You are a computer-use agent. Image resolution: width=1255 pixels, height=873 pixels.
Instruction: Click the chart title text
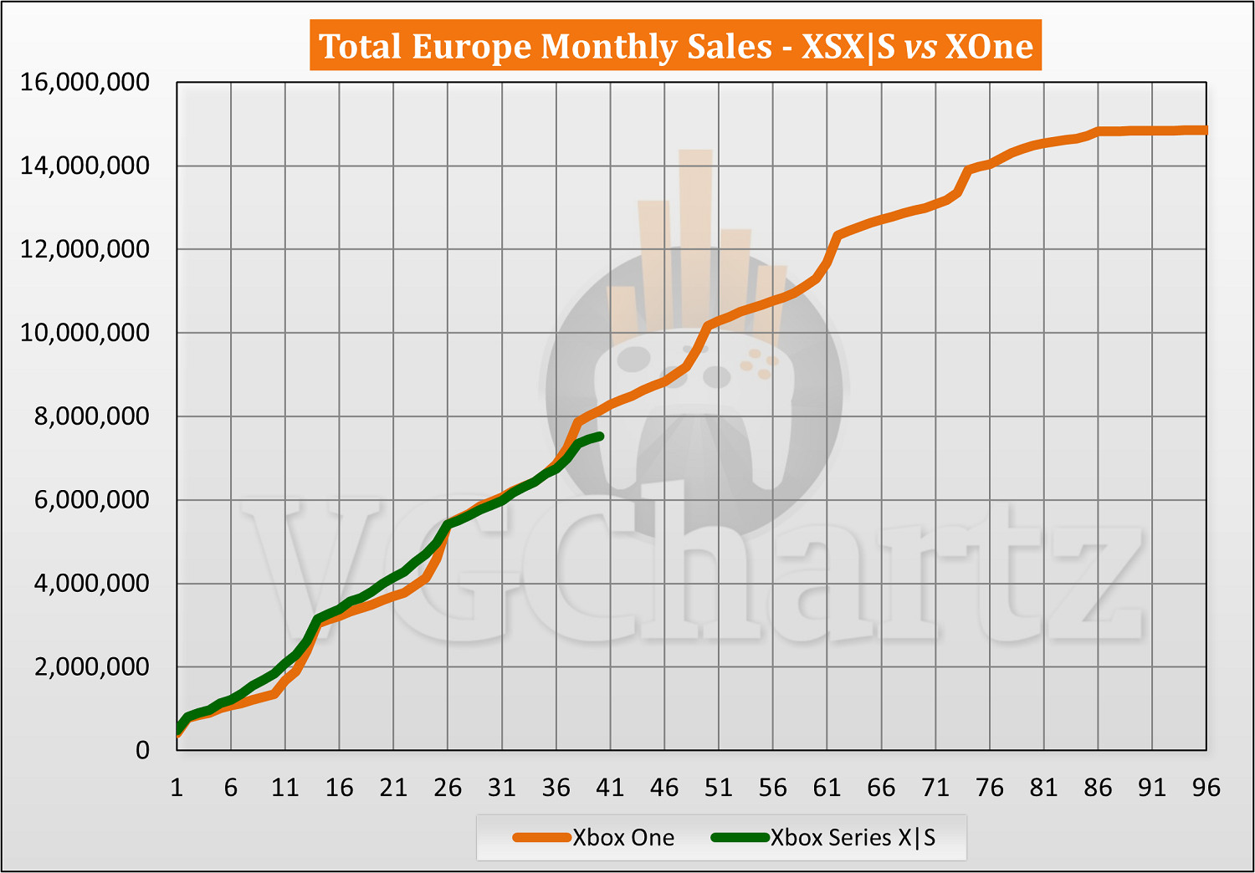point(676,46)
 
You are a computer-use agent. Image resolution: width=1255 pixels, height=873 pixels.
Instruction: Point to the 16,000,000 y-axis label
point(85,82)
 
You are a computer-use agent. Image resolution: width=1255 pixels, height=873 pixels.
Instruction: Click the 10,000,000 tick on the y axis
point(85,333)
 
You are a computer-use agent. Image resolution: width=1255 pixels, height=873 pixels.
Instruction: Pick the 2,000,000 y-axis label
point(91,666)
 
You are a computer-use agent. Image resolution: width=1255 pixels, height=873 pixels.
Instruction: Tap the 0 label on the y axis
point(142,750)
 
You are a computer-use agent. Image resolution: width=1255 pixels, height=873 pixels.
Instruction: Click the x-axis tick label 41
point(610,788)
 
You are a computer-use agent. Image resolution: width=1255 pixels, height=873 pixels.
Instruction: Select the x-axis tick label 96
point(1206,788)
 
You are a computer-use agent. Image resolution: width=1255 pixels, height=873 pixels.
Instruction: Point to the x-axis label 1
point(177,788)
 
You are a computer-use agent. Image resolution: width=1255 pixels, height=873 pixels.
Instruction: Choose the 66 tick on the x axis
point(881,788)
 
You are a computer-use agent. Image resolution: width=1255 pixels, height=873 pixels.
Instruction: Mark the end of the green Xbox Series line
point(600,436)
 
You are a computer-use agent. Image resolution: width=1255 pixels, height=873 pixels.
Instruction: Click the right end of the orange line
point(1205,130)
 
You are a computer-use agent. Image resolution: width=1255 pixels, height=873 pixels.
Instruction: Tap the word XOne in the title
point(989,46)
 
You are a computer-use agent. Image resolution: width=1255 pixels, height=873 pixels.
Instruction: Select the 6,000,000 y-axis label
point(91,500)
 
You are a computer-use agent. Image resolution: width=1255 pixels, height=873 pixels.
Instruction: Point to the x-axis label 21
point(393,788)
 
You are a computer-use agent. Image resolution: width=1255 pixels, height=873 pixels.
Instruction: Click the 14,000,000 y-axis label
point(85,166)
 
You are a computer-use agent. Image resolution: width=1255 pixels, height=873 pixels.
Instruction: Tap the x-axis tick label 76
point(989,788)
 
